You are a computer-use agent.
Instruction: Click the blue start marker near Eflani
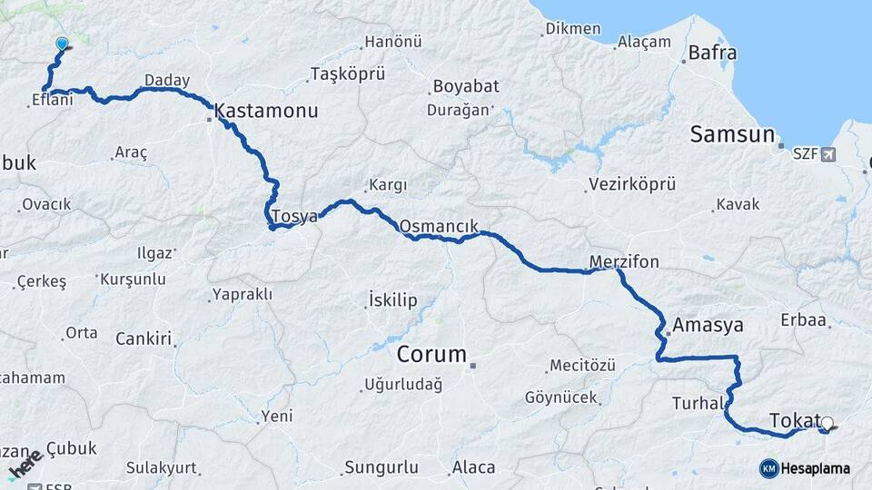62,43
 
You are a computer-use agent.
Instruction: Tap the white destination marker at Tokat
827,423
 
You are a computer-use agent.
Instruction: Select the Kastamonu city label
266,112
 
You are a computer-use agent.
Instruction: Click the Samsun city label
732,135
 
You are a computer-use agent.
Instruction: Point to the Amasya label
708,325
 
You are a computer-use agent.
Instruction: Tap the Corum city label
431,354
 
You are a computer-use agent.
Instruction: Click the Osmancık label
439,225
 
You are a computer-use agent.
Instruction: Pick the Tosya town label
294,217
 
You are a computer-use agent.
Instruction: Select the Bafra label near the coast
712,53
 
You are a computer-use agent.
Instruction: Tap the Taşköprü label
348,73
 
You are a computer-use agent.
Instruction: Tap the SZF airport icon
827,155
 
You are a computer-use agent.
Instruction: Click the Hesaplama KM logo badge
769,468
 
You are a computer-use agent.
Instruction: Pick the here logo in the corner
25,463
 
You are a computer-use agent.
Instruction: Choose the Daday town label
167,81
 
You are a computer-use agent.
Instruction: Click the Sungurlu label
381,468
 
